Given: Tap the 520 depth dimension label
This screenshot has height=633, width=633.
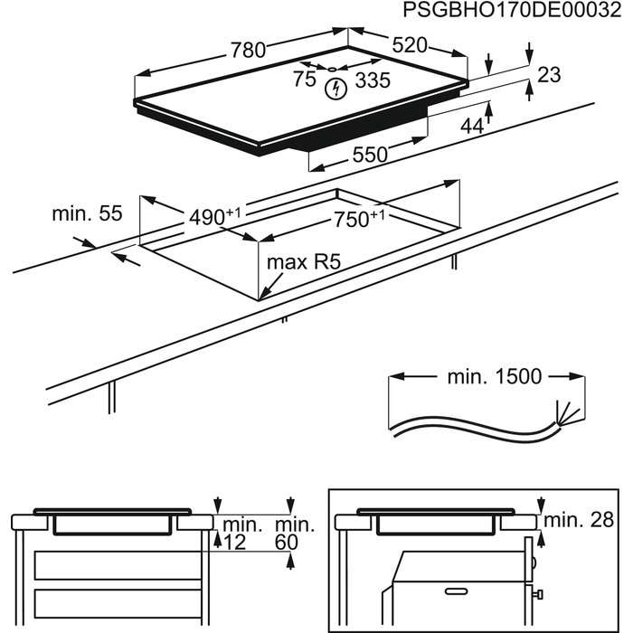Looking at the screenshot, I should pyautogui.click(x=409, y=46).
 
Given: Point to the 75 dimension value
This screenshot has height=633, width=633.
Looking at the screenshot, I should pyautogui.click(x=305, y=79).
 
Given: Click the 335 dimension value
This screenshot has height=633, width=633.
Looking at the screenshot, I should pyautogui.click(x=372, y=80).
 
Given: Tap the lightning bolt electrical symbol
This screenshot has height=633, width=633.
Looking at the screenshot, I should pyautogui.click(x=337, y=89).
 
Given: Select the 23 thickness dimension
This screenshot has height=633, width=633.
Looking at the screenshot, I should pyautogui.click(x=549, y=76).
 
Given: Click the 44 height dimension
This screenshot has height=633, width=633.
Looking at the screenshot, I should pyautogui.click(x=472, y=127).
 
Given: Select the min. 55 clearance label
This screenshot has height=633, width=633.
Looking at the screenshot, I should pyautogui.click(x=86, y=213).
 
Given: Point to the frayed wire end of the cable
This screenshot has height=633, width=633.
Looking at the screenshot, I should pyautogui.click(x=564, y=412).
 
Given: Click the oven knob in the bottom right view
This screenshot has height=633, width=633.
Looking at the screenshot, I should pyautogui.click(x=537, y=593).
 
